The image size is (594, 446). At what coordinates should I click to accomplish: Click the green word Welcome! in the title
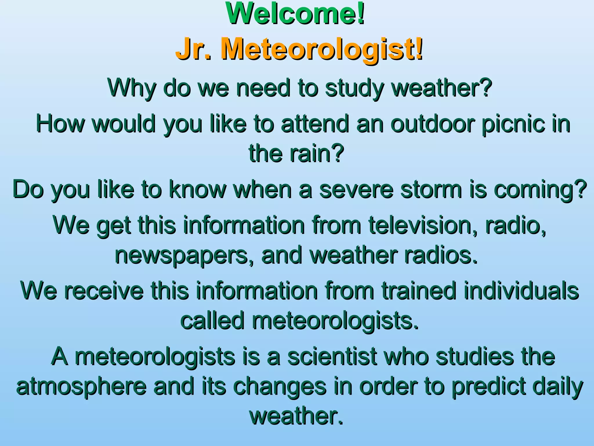click(x=295, y=14)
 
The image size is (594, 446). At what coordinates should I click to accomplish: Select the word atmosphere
click(x=82, y=386)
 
